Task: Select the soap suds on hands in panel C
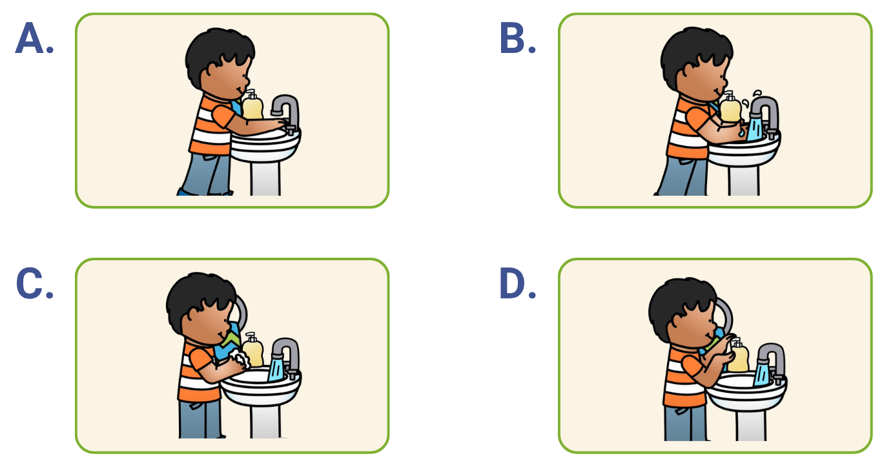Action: (240, 358)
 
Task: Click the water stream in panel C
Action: (276, 369)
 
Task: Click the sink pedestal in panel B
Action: (744, 180)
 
